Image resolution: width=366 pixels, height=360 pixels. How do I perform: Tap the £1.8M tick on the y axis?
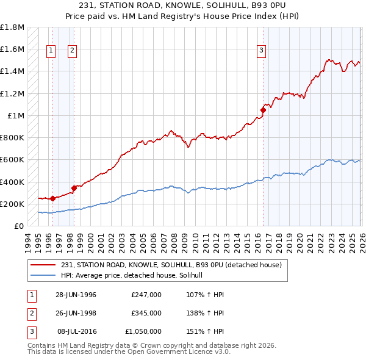point(12,27)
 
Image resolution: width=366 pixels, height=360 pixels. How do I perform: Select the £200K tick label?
point(12,204)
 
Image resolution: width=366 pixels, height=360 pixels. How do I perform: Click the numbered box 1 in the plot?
point(51,51)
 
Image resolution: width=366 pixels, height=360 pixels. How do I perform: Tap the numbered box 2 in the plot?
point(72,51)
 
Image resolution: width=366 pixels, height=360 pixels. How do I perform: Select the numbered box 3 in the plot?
point(261,51)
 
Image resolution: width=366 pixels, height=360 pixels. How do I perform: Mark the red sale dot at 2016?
point(264,110)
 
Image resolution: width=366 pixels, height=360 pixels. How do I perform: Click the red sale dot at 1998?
point(74,188)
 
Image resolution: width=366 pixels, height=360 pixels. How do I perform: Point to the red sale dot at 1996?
point(52,198)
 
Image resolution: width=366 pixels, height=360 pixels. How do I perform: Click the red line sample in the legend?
point(44,265)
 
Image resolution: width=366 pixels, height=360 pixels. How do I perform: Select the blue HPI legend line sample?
point(44,276)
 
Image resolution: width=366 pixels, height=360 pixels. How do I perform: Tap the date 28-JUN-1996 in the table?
point(76,295)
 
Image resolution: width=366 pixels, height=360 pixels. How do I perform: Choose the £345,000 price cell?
point(146,313)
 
